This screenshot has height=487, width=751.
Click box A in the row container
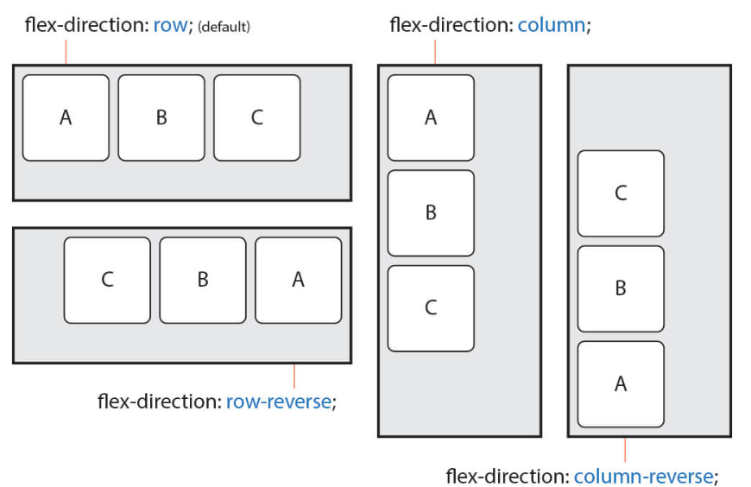[x=66, y=117]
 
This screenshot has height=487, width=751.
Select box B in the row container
[x=161, y=117]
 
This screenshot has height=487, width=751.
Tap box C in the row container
[x=257, y=117]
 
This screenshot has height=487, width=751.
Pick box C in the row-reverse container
[x=107, y=280]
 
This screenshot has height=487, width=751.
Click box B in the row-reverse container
[x=203, y=280]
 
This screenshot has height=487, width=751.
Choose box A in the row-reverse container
[x=299, y=280]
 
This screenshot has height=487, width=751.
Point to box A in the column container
[x=431, y=117]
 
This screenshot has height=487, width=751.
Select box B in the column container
[x=431, y=212]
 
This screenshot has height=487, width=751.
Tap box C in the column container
[x=431, y=308]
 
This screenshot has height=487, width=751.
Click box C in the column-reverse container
[x=621, y=193]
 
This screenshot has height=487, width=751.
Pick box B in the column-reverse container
[x=621, y=288]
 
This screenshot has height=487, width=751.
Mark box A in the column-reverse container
[x=621, y=384]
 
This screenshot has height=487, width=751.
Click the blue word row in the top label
[x=170, y=25]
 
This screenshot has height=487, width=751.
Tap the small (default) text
[x=224, y=27]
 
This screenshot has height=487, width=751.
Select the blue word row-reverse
[x=278, y=402]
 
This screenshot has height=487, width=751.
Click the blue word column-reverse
[x=643, y=476]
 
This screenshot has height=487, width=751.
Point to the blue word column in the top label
[x=552, y=25]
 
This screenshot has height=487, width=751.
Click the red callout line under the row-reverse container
[x=294, y=376]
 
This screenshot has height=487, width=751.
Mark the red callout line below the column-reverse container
[x=625, y=450]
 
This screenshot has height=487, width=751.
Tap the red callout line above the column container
[x=435, y=51]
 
